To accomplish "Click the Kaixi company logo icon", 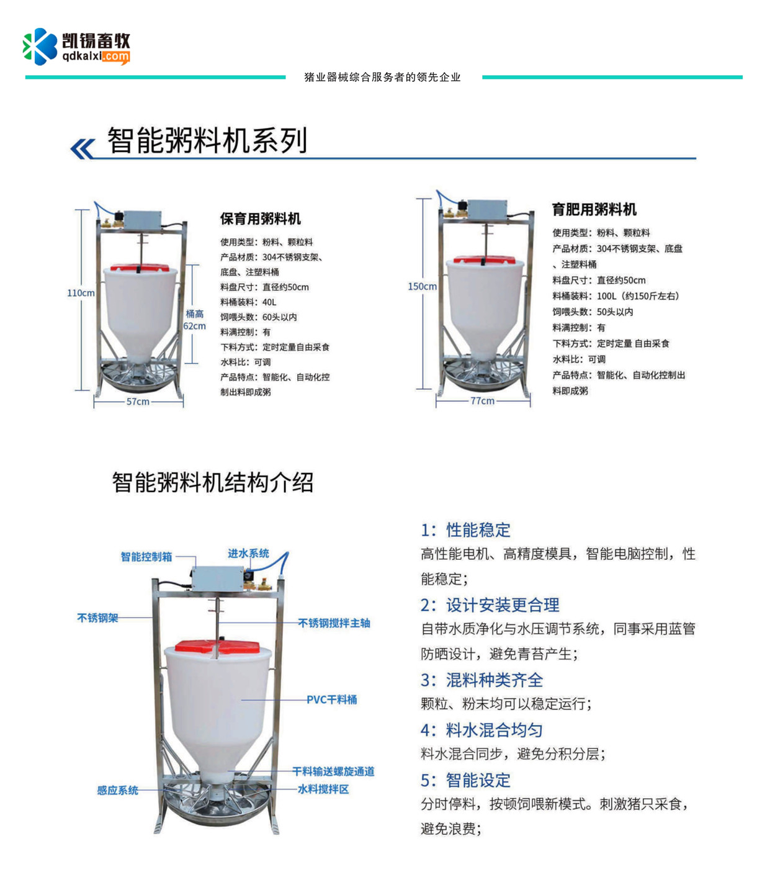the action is click(x=40, y=47).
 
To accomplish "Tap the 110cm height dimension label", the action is click(x=81, y=293).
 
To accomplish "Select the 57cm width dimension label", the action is click(x=138, y=402).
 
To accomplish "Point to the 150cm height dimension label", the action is click(x=422, y=286).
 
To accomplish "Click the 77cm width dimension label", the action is click(x=482, y=401).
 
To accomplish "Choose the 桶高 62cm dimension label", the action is click(x=194, y=320).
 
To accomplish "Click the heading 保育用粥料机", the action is click(x=260, y=219).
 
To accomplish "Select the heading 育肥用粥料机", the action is click(x=594, y=209).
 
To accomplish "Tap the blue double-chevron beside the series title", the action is click(x=82, y=148).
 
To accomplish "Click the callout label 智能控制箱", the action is click(x=146, y=557).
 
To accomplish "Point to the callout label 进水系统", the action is click(x=249, y=553).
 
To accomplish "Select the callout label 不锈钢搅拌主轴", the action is click(x=334, y=623).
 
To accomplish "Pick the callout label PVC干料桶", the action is click(x=331, y=699).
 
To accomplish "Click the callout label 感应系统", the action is click(x=117, y=790).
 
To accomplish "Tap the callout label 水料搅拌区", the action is click(x=323, y=789).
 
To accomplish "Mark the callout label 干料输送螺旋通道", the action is click(x=333, y=771).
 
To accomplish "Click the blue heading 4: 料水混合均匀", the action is click(x=482, y=730).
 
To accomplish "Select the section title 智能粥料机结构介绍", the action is click(x=212, y=482).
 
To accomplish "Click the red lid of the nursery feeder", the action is click(x=140, y=268).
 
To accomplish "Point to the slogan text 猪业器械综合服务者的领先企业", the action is click(x=382, y=77).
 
